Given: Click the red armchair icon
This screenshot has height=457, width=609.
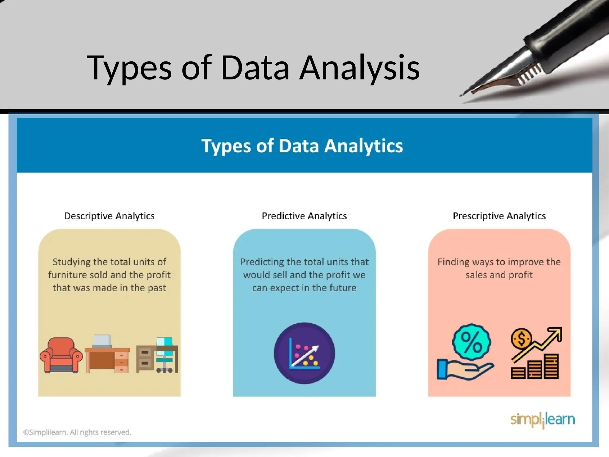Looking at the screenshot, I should pyautogui.click(x=61, y=355).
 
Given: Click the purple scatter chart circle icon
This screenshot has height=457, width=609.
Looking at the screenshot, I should pyautogui.click(x=304, y=353).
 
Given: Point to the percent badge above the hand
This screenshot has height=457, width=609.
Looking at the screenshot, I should pyautogui.click(x=471, y=342).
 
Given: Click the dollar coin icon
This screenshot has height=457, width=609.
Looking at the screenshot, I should pyautogui.click(x=521, y=339).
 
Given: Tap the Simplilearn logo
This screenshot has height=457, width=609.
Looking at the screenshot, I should pyautogui.click(x=542, y=420).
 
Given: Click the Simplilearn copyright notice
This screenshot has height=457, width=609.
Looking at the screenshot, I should pyautogui.click(x=77, y=432).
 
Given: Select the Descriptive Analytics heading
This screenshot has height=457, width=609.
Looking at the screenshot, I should pyautogui.click(x=109, y=216).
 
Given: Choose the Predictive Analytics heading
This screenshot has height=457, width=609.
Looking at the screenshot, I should pyautogui.click(x=304, y=216).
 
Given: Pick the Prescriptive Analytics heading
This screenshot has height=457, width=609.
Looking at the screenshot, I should pyautogui.click(x=499, y=216).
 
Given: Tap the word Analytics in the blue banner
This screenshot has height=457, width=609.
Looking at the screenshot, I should pyautogui.click(x=363, y=146).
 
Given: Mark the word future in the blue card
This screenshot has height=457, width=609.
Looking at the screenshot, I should pyautogui.click(x=342, y=288).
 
